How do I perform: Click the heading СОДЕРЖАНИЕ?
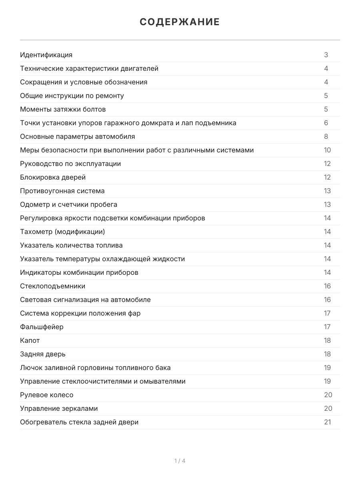coord(180,22)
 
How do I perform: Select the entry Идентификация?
coord(46,55)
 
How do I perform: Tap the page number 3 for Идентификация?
coord(326,55)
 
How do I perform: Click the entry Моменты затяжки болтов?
coord(63,109)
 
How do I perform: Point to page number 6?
coord(326,123)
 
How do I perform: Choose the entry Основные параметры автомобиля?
coord(77,136)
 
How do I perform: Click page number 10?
coord(327,150)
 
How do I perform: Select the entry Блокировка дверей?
coord(53,177)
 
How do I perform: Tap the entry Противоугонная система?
coord(62,191)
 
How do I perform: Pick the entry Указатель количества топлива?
coord(71,245)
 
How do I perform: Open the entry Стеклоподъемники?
coord(52,286)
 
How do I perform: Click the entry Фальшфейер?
coord(42,327)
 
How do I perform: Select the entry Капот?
coord(30,340)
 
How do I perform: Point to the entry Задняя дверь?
coord(43,354)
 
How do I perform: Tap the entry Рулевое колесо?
coord(47,395)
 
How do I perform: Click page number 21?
coord(327,422)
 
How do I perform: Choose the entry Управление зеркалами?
coord(59,408)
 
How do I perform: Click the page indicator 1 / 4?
coord(180,461)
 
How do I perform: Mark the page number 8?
coord(326,136)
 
